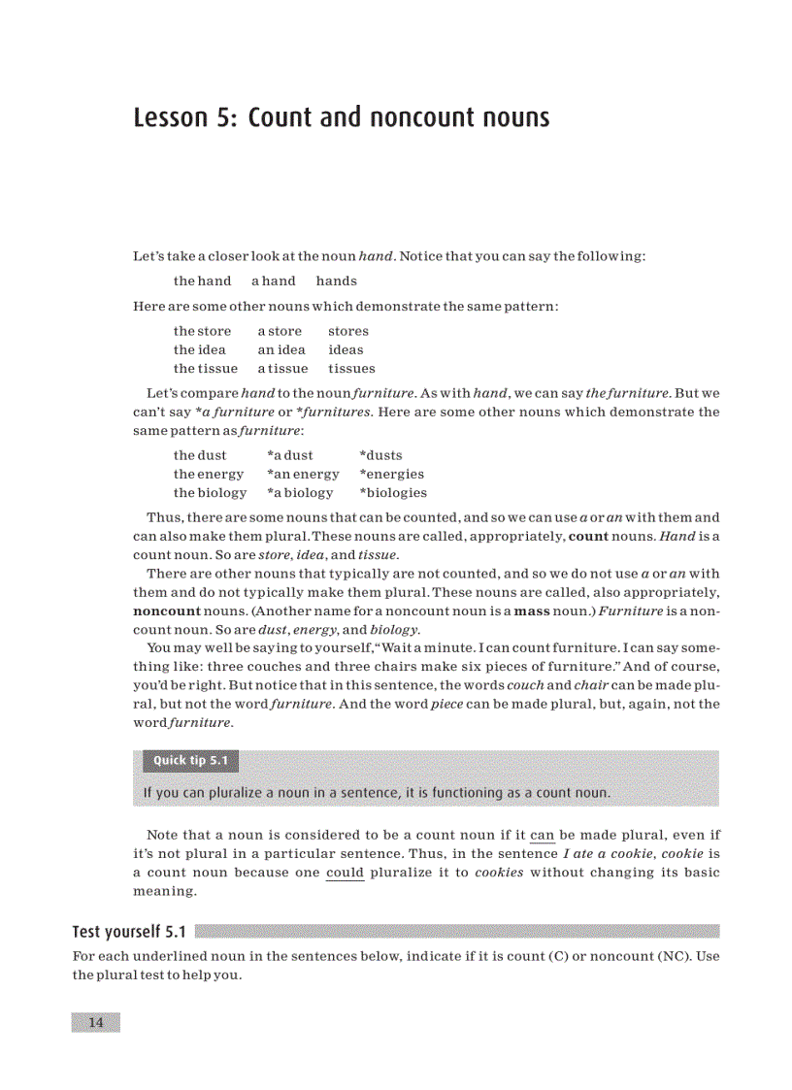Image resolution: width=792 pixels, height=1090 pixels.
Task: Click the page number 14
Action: [95, 1022]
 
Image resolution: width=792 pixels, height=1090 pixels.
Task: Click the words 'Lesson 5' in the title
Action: [184, 118]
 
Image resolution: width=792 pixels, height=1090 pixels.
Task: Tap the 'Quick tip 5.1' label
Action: [190, 760]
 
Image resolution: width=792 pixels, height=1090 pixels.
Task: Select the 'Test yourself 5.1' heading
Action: [128, 932]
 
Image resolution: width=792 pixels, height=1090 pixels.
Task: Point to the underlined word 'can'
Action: [542, 835]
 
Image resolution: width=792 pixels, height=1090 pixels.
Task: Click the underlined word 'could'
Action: [345, 873]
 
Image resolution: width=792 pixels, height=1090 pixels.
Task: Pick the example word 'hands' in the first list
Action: [336, 281]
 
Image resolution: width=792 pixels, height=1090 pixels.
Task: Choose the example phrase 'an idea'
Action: [281, 350]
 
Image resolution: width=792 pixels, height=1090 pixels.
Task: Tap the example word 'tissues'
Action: [351, 369]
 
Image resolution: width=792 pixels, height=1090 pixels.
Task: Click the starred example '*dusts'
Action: [380, 455]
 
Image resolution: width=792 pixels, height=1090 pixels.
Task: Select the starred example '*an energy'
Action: [303, 475]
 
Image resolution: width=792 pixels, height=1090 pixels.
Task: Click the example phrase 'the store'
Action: [202, 332]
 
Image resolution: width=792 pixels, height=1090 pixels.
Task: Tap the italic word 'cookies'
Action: [499, 873]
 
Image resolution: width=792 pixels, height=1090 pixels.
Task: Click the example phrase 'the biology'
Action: [210, 493]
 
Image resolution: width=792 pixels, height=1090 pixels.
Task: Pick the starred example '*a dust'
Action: [290, 455]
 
